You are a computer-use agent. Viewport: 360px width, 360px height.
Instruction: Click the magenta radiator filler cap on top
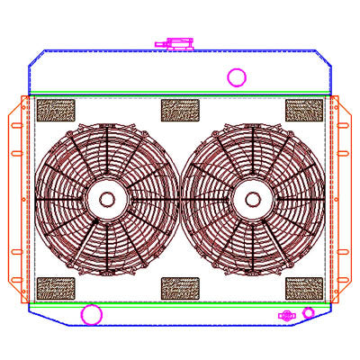pyautogui.click(x=174, y=42)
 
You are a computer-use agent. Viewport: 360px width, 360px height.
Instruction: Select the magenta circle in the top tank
pyautogui.click(x=237, y=77)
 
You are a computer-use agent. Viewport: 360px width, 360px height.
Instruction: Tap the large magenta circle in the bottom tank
pyautogui.click(x=91, y=315)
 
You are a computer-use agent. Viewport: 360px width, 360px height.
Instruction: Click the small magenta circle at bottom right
pyautogui.click(x=309, y=312)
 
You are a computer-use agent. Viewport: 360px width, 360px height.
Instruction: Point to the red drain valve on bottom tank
pyautogui.click(x=287, y=315)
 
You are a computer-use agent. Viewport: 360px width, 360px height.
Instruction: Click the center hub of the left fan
pyautogui.click(x=107, y=199)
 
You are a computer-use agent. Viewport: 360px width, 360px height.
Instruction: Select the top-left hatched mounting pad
pyautogui.click(x=55, y=111)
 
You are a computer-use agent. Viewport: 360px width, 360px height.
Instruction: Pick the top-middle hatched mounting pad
pyautogui.click(x=178, y=110)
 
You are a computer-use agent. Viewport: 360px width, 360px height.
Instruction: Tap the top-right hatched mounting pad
pyautogui.click(x=303, y=110)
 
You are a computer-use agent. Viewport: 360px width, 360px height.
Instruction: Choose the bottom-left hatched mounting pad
pyautogui.click(x=55, y=288)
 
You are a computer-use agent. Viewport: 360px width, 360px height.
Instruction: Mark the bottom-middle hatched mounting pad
pyautogui.click(x=178, y=288)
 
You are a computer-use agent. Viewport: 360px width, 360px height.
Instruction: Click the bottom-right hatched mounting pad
pyautogui.click(x=303, y=288)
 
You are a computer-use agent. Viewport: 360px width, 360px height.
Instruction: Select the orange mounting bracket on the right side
pyautogui.click(x=343, y=198)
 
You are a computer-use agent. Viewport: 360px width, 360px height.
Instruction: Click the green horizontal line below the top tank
pyautogui.click(x=180, y=95)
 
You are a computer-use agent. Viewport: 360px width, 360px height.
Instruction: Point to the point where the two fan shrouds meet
pyautogui.click(x=180, y=199)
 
